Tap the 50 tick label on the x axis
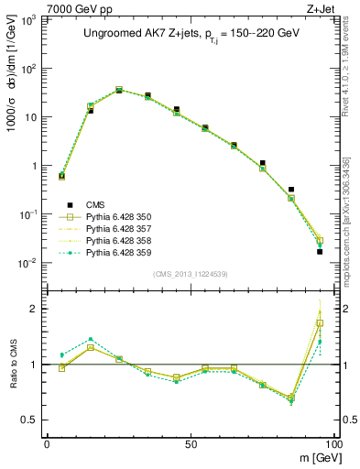click(x=190, y=443)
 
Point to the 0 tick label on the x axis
click(x=47, y=443)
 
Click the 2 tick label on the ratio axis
click(x=35, y=309)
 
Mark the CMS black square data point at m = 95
click(x=320, y=251)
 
